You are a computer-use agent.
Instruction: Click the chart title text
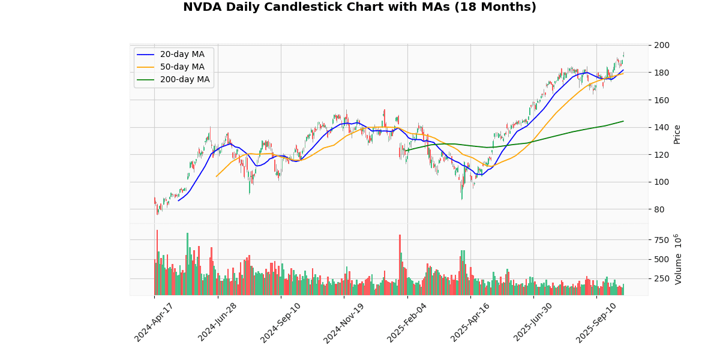(x=359, y=7)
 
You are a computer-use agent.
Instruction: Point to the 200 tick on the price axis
(x=662, y=45)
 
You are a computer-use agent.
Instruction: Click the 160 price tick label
(x=662, y=100)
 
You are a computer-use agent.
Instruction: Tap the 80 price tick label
(x=660, y=209)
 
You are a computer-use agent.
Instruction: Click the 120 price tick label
(x=662, y=155)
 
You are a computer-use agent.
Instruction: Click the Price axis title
(x=677, y=134)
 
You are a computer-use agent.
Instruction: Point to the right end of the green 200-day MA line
(x=623, y=121)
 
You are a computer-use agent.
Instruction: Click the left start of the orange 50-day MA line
(x=216, y=176)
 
